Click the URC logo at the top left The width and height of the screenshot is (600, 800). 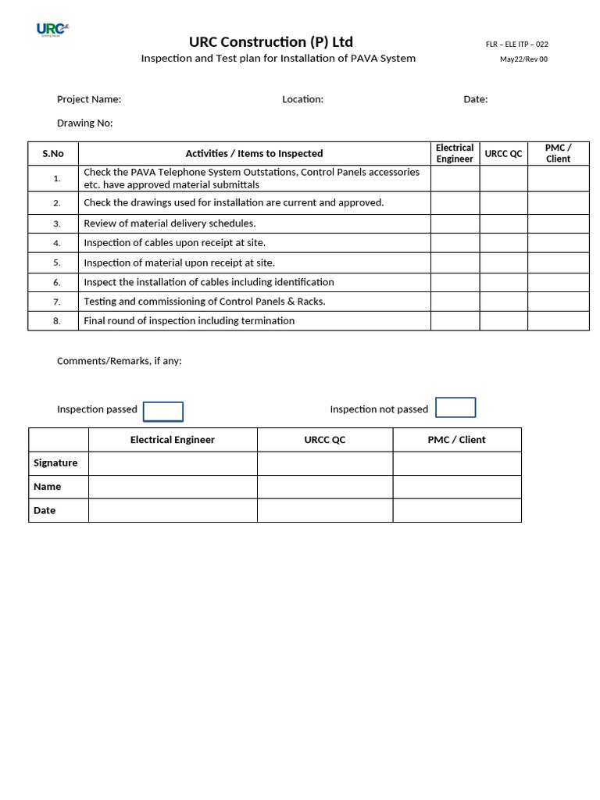click(52, 30)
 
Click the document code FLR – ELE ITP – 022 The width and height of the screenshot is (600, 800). click(516, 45)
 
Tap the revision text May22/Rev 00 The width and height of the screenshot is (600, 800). click(523, 59)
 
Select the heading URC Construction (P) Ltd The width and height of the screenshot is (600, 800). click(270, 42)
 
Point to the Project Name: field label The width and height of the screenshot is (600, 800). click(89, 99)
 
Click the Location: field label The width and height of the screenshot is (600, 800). click(302, 99)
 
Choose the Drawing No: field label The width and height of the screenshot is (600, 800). click(85, 123)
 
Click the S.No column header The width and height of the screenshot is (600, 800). click(53, 154)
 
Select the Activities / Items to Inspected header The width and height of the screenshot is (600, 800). click(254, 154)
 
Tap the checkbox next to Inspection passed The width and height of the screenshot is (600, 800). click(163, 412)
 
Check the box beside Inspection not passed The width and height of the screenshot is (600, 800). click(455, 408)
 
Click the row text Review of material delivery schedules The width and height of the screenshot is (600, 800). click(170, 223)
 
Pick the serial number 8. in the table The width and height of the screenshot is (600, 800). click(57, 321)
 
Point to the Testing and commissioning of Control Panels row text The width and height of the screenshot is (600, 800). click(204, 302)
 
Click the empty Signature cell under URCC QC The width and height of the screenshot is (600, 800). click(324, 463)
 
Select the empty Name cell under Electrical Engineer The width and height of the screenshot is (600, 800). click(173, 487)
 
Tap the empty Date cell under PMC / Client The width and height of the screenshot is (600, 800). click(456, 510)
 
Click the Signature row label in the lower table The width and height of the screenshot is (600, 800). click(55, 463)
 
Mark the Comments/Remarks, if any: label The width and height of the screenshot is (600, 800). click(120, 361)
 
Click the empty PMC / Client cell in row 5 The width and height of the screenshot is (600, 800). click(558, 262)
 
